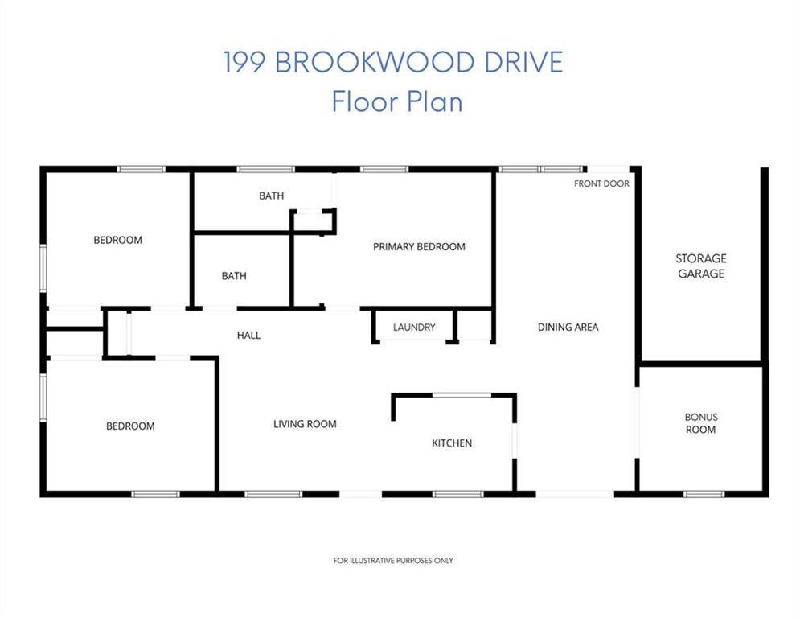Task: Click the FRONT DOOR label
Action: [601, 183]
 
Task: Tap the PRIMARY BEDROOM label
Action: [419, 247]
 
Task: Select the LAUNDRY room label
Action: [414, 328]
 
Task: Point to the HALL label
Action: [248, 336]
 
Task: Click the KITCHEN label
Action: [452, 443]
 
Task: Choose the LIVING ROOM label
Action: [305, 424]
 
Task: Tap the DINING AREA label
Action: [568, 328]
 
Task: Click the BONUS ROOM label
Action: [701, 423]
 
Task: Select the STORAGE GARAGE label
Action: [701, 266]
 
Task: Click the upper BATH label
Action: [272, 196]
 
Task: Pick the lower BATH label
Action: [234, 276]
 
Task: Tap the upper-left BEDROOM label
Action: [118, 240]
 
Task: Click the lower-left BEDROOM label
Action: [130, 426]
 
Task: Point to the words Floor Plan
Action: [397, 101]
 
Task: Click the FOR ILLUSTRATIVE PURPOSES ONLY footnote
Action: [393, 561]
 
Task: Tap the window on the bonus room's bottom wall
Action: [704, 494]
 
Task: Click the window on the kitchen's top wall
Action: [462, 395]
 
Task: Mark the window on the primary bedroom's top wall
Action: [384, 169]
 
